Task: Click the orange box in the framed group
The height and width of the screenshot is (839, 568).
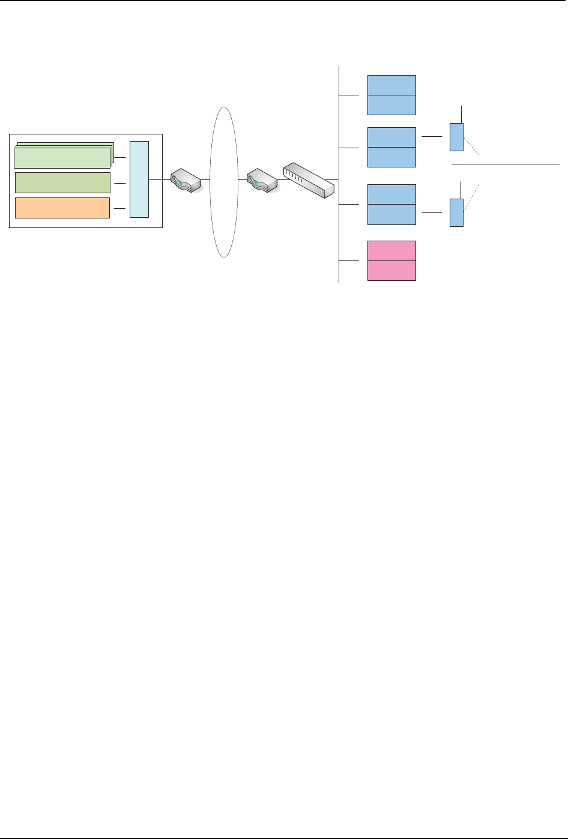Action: coord(62,208)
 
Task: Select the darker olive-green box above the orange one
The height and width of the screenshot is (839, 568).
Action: coord(62,182)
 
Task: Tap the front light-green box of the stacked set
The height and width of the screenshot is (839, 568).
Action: coord(61,158)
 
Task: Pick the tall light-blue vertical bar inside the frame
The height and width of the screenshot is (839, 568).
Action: coord(139,179)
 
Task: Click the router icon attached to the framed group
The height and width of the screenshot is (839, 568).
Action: coord(185,179)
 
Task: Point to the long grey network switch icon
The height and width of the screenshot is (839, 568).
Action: coord(308,179)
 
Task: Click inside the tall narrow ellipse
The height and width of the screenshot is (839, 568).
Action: coord(223,182)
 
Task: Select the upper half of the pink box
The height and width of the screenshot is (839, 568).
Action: coord(391,251)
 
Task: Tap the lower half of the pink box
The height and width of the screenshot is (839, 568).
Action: coord(391,271)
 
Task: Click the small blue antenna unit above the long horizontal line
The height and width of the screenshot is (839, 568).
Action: coord(456,137)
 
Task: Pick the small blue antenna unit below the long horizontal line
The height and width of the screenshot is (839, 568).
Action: coord(456,212)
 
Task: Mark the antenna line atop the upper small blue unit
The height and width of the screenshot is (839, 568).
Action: coord(461,114)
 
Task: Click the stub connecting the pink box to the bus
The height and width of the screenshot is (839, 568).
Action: coord(349,261)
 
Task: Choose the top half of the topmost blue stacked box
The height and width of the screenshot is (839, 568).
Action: coord(391,85)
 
